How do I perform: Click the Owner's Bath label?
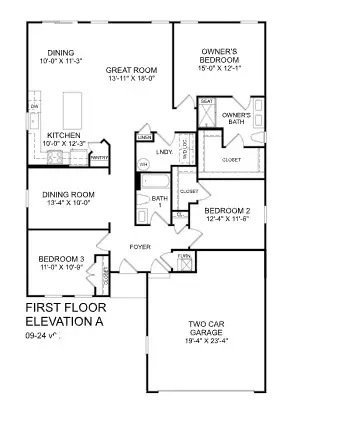click(x=236, y=119)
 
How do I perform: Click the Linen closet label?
click(x=144, y=136)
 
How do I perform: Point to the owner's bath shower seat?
click(x=207, y=102)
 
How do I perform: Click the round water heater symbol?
click(x=143, y=163)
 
